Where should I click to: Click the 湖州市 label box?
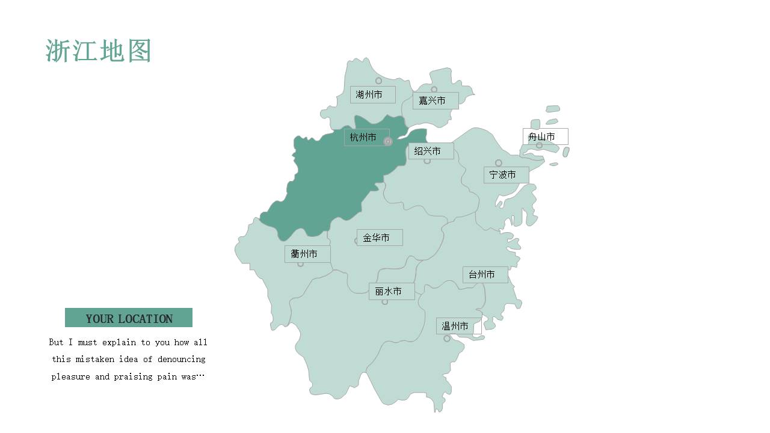[372, 94]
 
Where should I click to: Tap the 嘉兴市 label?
[436, 100]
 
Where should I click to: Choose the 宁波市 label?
[506, 175]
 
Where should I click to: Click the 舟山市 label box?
[545, 137]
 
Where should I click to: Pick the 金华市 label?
[379, 238]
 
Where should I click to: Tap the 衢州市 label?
[307, 254]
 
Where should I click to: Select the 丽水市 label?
[391, 291]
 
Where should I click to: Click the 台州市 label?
[485, 275]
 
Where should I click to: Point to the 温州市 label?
[458, 326]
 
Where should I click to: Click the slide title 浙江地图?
[98, 51]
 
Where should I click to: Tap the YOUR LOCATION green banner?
[129, 318]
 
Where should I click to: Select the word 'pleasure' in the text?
[71, 376]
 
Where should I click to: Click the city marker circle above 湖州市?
[378, 81]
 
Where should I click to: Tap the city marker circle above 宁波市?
[498, 163]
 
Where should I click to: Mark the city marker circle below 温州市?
[446, 339]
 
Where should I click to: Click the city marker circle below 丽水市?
[385, 302]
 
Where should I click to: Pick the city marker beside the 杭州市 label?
[388, 141]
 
